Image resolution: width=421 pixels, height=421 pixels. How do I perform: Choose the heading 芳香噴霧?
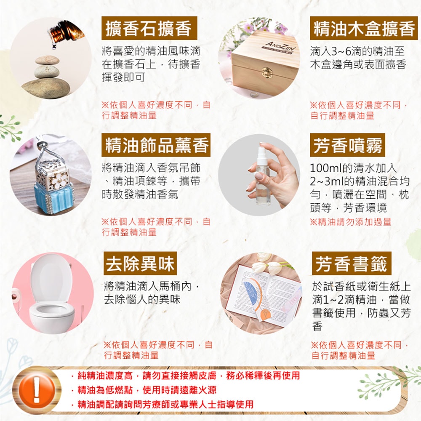pyautogui.click(x=348, y=145)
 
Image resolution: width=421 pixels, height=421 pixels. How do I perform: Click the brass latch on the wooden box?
pyautogui.click(x=266, y=72)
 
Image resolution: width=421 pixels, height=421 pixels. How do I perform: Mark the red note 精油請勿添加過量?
pyautogui.click(x=351, y=221)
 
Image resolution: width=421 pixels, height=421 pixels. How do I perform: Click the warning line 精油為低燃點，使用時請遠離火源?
pyautogui.click(x=147, y=389)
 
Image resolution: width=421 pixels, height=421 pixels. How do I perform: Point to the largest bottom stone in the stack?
pyautogui.click(x=46, y=87)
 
